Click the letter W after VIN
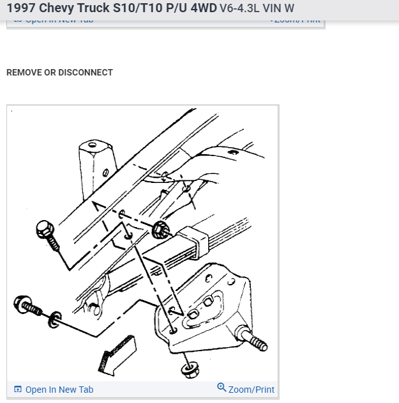(290, 9)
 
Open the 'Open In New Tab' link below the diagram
(59, 390)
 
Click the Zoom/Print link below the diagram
(252, 389)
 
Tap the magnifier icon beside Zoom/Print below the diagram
(222, 388)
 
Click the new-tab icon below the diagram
(18, 390)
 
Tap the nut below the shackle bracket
(188, 370)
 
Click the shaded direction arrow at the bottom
(116, 354)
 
